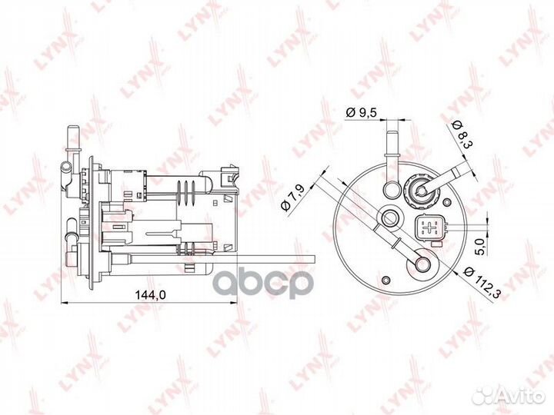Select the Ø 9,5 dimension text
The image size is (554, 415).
coord(362,112)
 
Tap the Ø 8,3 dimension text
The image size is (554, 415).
coord(462,135)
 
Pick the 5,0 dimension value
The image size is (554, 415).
coord(479,247)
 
